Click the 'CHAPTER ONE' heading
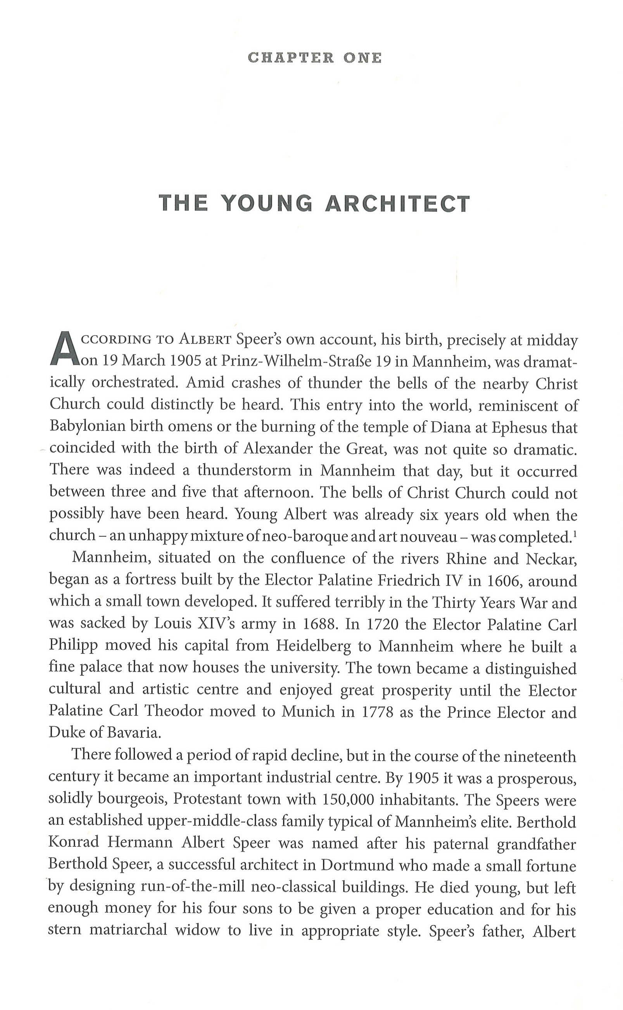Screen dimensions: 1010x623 coord(315,58)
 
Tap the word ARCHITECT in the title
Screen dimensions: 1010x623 coord(397,204)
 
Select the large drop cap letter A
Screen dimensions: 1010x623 coord(64,349)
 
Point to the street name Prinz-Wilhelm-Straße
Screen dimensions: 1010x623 coord(306,361)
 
